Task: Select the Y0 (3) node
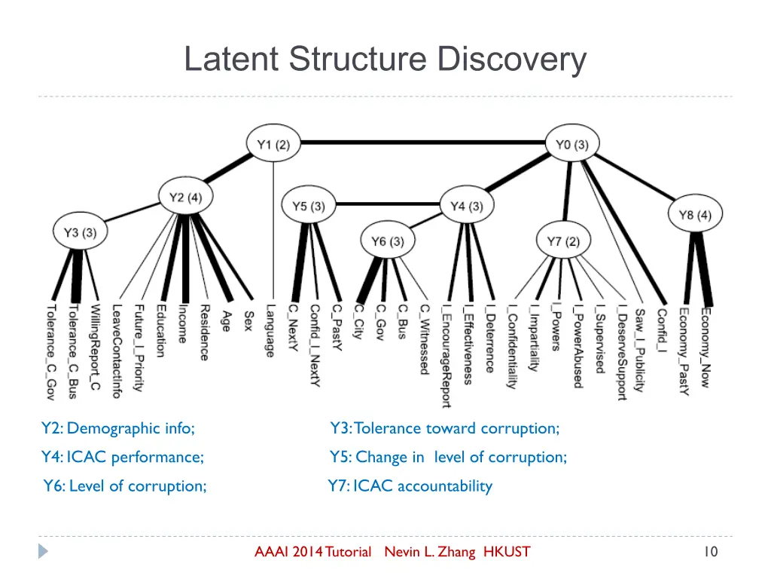tap(572, 146)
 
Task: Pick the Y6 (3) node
tap(388, 242)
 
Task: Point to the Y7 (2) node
tap(563, 242)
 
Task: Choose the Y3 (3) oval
tap(80, 233)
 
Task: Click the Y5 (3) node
tap(309, 207)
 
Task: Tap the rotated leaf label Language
tap(270, 329)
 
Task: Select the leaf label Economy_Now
tap(705, 347)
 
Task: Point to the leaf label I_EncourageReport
tap(446, 355)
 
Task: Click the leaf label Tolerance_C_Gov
tap(50, 351)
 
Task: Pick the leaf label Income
tap(183, 323)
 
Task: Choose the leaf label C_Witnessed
tap(425, 339)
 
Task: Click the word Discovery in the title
tap(513, 60)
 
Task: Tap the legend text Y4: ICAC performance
tap(123, 457)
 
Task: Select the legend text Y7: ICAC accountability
tap(410, 486)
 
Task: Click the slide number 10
tap(710, 552)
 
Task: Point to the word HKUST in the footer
tap(506, 552)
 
